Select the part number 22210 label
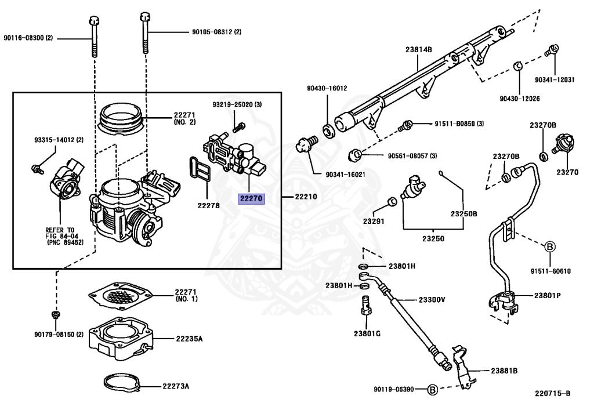coord(306,197)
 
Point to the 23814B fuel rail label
coord(418,50)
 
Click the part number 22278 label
coord(208,205)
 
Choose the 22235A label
coord(189,338)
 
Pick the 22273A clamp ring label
coord(176,386)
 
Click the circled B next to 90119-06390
coord(432,389)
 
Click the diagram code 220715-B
coord(552,393)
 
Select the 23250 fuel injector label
coord(433,238)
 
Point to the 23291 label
coord(374,221)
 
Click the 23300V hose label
coord(432,300)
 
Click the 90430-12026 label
coord(520,99)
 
